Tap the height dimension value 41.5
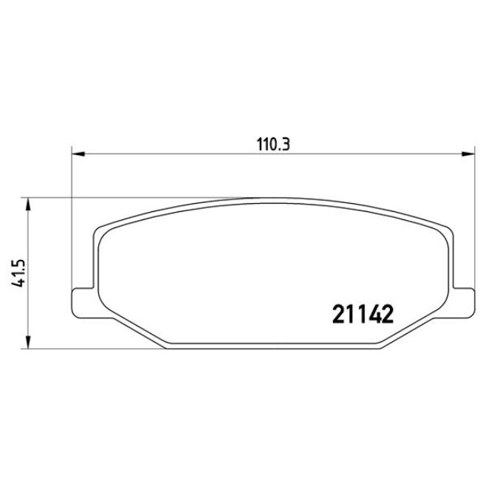pos(14,272)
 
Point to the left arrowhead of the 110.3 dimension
pos(77,154)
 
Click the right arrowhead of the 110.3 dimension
pos(467,154)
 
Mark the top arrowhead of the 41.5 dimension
pos(28,204)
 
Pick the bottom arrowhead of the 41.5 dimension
pos(28,342)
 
